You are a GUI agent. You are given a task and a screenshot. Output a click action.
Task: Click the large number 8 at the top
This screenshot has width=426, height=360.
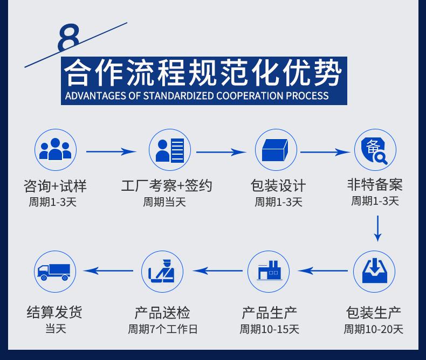[x=70, y=38]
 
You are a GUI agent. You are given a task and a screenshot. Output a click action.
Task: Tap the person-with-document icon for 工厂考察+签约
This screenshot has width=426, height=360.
[x=170, y=150]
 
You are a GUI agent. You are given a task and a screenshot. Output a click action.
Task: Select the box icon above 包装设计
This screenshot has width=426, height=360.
[x=276, y=150]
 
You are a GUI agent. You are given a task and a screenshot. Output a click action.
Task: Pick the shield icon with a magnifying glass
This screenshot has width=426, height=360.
[x=375, y=150]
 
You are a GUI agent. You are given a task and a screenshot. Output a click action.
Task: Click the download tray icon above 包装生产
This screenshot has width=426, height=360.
[x=374, y=271]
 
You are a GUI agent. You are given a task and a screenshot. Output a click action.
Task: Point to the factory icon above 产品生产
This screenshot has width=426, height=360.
[x=268, y=271]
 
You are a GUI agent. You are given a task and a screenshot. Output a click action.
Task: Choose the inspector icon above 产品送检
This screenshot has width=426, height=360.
[x=162, y=271]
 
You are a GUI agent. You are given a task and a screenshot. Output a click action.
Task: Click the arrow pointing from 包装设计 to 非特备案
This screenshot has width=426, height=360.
[x=325, y=152]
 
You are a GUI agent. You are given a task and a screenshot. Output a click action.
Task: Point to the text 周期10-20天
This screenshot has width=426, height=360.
[x=374, y=329]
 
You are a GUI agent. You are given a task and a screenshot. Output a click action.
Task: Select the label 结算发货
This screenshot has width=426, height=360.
[x=55, y=312]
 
